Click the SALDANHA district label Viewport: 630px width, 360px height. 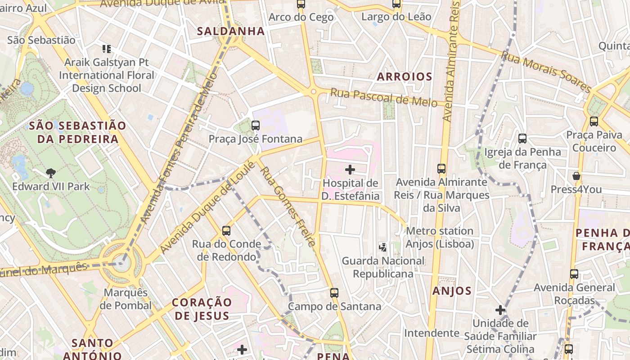[x=231, y=31]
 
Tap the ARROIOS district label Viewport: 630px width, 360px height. [x=405, y=76]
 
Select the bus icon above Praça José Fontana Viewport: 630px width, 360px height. [x=256, y=126]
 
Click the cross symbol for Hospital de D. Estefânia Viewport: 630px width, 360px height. [x=350, y=170]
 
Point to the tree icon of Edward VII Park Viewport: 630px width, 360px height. [x=51, y=173]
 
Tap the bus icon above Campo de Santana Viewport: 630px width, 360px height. [x=334, y=293]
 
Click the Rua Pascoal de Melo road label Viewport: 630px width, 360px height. [x=383, y=98]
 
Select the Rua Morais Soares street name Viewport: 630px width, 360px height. [x=545, y=72]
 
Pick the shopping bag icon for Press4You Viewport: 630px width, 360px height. [x=576, y=176]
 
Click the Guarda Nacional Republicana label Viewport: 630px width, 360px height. [x=383, y=267]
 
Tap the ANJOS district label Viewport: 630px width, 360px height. [x=452, y=291]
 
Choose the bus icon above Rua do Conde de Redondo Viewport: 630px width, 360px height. [x=226, y=231]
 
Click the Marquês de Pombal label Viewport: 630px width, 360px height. [x=126, y=299]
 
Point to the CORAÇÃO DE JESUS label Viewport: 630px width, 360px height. [x=202, y=309]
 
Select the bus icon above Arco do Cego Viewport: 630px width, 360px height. [x=301, y=4]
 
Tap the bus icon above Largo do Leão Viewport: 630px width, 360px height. [x=396, y=4]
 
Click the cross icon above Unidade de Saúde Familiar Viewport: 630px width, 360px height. [x=500, y=310]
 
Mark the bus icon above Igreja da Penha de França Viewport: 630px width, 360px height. [x=522, y=139]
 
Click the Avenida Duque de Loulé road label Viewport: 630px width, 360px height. [x=207, y=207]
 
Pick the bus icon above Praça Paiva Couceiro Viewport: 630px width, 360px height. [x=594, y=121]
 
